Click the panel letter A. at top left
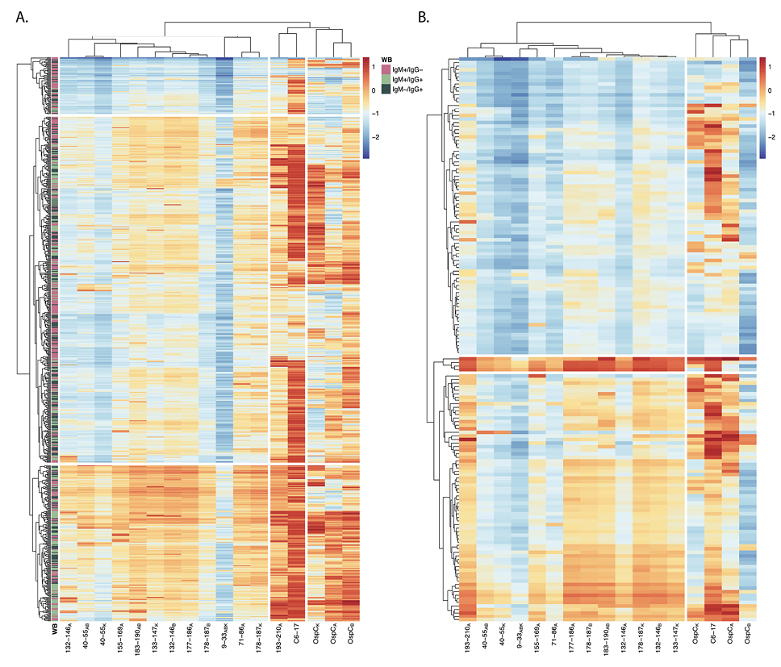tap(23, 19)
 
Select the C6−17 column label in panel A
tap(297, 638)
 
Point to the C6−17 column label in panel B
tap(712, 638)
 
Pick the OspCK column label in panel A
tap(315, 637)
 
